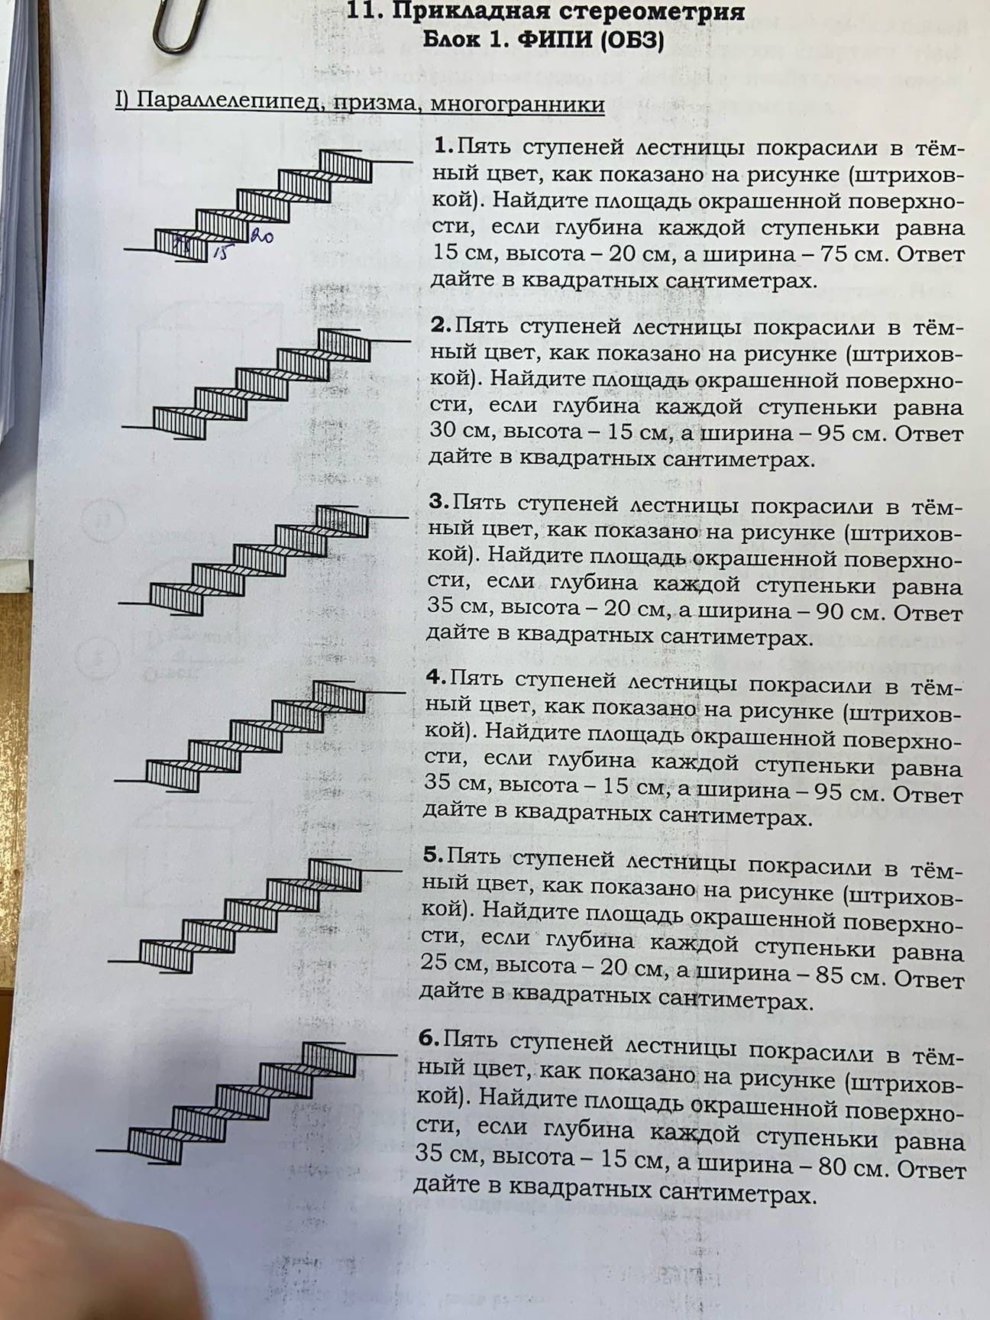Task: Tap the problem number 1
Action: (x=445, y=145)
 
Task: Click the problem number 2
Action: (x=442, y=325)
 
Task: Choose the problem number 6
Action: (x=430, y=1038)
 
